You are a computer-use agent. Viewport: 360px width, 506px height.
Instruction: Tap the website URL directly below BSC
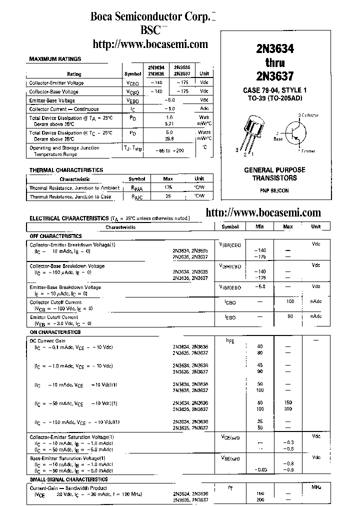coord(150,44)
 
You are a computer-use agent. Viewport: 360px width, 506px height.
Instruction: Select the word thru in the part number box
coord(274,62)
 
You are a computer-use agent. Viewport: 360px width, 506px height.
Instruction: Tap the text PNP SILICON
coord(274,190)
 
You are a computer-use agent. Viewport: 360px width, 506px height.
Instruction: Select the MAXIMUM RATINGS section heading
coord(55,59)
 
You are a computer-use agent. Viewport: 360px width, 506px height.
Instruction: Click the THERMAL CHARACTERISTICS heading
coord(66,170)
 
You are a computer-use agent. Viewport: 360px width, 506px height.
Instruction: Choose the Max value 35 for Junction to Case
coord(168,196)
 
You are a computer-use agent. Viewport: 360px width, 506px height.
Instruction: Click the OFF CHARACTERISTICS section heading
coord(55,235)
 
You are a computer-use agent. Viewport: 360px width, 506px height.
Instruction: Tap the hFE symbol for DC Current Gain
coord(230,340)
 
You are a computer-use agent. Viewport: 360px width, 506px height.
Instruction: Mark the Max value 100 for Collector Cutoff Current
coord(289,301)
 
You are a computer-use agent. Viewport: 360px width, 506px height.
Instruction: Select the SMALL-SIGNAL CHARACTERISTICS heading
coord(68,479)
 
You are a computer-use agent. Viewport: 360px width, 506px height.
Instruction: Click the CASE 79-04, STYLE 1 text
coord(274,90)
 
